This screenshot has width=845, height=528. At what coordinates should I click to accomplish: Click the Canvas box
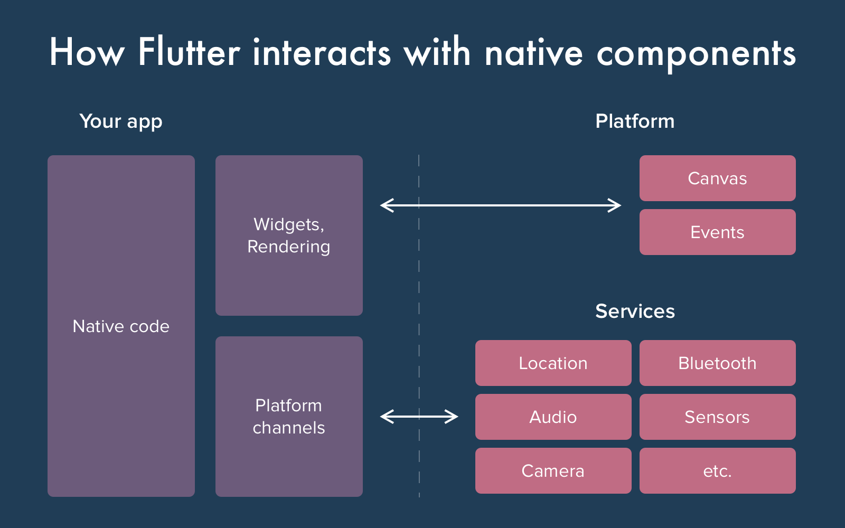click(717, 178)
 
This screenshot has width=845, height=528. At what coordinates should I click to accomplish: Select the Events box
click(717, 232)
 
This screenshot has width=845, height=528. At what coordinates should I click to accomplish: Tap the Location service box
click(553, 363)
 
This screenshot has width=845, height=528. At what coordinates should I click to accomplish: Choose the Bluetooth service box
click(717, 363)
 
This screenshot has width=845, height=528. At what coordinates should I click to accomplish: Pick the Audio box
click(553, 417)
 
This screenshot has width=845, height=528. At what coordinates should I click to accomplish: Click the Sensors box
click(717, 417)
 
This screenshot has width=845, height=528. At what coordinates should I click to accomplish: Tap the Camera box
click(553, 471)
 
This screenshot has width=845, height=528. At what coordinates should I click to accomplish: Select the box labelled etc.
click(717, 471)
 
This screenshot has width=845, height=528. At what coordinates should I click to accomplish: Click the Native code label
click(121, 326)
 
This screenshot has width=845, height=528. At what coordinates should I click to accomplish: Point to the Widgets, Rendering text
click(289, 235)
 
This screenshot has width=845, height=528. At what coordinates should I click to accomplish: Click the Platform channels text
click(289, 417)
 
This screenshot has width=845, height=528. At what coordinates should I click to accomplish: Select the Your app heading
click(121, 121)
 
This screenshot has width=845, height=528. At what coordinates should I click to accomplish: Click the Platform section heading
click(635, 121)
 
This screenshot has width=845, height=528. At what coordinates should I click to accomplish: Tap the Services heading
click(635, 312)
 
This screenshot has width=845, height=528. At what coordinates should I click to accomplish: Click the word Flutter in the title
click(189, 53)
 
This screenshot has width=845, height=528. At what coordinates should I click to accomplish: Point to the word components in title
click(696, 54)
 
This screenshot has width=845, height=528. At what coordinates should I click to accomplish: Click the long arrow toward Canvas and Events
click(501, 205)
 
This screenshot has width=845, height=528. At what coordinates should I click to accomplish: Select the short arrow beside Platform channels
click(419, 417)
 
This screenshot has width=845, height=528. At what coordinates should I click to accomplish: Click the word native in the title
click(533, 53)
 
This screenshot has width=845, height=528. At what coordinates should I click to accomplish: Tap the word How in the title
click(87, 53)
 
